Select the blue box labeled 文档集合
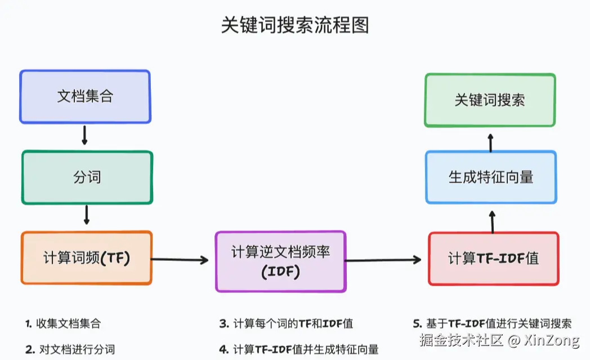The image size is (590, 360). point(85,96)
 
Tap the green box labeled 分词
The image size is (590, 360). point(87,177)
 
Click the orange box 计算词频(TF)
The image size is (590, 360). point(87,258)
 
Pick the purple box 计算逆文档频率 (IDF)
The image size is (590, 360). point(280,261)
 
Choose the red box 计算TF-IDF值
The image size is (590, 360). point(493,258)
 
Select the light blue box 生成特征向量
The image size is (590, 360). point(491,177)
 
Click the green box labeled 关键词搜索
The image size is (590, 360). point(490,100)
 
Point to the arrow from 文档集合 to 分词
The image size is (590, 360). point(85,136)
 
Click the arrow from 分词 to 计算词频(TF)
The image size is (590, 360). point(87,216)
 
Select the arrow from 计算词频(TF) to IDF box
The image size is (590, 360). point(180,260)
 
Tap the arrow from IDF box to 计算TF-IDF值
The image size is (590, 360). point(384,260)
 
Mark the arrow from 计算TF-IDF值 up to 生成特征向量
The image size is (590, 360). point(493,221)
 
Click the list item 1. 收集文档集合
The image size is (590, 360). point(63,324)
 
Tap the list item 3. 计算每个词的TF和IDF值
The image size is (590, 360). point(286,324)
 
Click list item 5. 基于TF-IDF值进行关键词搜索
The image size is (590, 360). point(492,324)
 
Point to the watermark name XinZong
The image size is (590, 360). point(551,340)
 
